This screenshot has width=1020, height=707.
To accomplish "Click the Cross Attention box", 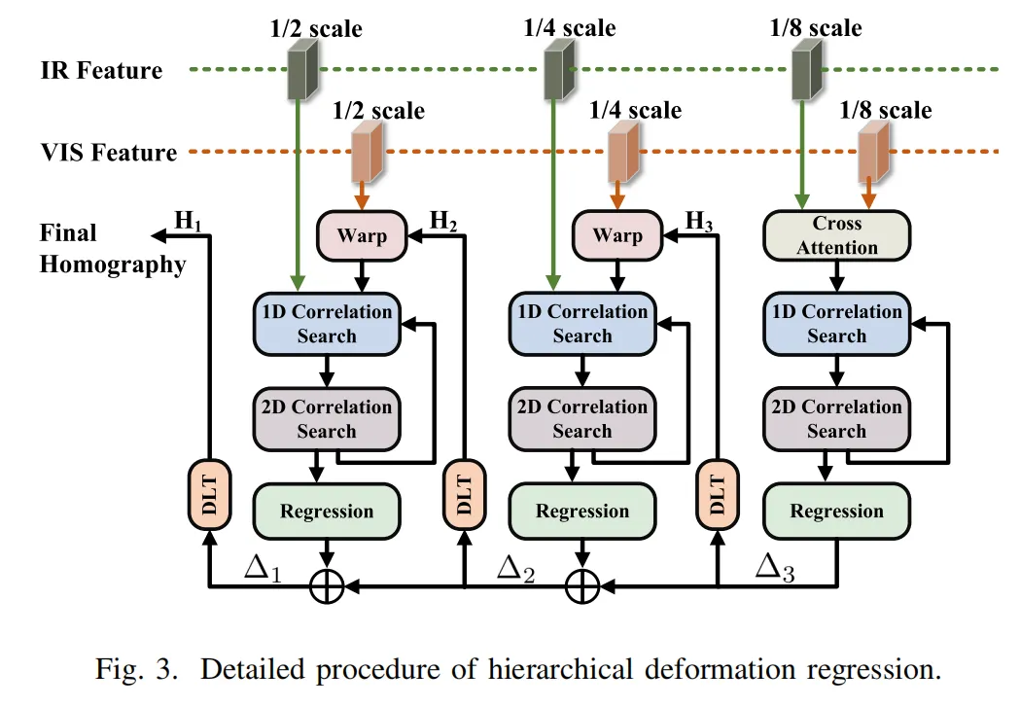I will click(x=836, y=235).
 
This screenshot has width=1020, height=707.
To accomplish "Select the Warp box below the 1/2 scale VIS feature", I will click(x=362, y=235).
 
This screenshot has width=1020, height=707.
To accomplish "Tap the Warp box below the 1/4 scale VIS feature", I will click(x=617, y=235).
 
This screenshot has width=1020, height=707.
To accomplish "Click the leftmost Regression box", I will click(x=327, y=512).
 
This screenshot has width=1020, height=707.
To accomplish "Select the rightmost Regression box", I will click(x=836, y=512).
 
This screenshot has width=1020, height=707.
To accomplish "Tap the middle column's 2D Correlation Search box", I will click(x=581, y=419).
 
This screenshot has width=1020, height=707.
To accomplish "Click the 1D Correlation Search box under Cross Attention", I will click(x=836, y=324).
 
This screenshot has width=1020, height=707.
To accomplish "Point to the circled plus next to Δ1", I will click(x=327, y=585).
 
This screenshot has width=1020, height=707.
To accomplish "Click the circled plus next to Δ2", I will click(x=581, y=585).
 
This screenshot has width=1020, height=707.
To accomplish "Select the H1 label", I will click(x=187, y=221).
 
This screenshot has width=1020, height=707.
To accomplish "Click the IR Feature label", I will click(x=101, y=70).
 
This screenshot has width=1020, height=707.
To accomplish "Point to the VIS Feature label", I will click(x=108, y=153).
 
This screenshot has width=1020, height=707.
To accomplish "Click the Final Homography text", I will click(x=112, y=249).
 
